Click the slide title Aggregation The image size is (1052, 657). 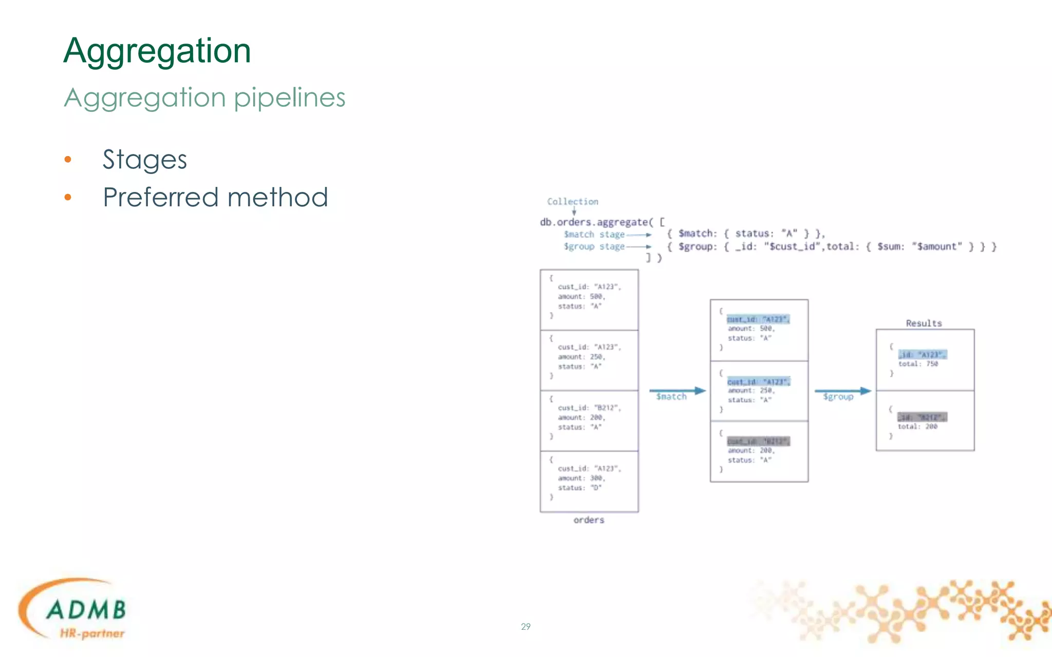(x=157, y=51)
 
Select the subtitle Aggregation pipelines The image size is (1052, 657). (x=204, y=98)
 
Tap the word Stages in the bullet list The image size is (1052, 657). (x=144, y=160)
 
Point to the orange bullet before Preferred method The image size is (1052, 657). (x=68, y=198)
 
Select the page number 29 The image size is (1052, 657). (x=525, y=627)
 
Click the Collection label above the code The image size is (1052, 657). (x=572, y=202)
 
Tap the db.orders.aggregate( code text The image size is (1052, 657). (x=596, y=222)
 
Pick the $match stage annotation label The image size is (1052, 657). (x=594, y=235)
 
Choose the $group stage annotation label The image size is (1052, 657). (x=594, y=247)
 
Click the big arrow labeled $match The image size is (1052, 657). (x=677, y=391)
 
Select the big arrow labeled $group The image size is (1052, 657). (x=842, y=391)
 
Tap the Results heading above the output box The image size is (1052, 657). (x=924, y=323)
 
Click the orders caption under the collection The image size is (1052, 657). (x=589, y=520)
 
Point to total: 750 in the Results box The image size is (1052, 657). (x=918, y=364)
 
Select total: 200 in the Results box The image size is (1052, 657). (x=917, y=427)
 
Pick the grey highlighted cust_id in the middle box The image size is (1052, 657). (x=758, y=441)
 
